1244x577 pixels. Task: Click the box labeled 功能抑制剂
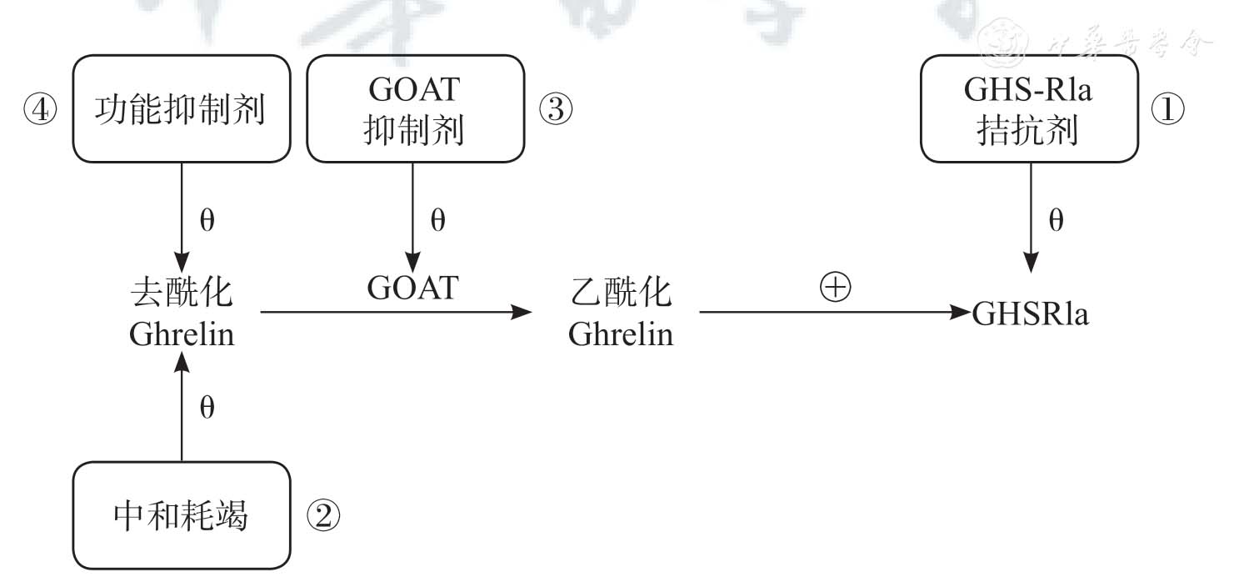click(x=181, y=109)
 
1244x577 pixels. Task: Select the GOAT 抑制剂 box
click(x=415, y=109)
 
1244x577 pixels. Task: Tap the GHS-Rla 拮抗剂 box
click(x=1029, y=109)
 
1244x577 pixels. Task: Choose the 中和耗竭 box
click(x=181, y=516)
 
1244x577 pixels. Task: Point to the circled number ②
click(x=323, y=517)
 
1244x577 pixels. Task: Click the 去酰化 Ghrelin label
click(x=181, y=314)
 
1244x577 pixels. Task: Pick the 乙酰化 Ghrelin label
click(x=620, y=314)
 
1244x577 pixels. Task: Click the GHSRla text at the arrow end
click(x=1030, y=315)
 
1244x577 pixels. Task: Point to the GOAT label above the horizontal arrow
click(x=412, y=288)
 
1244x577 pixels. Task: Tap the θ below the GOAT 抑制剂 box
click(x=437, y=221)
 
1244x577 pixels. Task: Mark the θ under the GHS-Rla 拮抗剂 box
click(x=1056, y=221)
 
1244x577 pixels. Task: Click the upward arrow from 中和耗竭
click(x=181, y=409)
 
